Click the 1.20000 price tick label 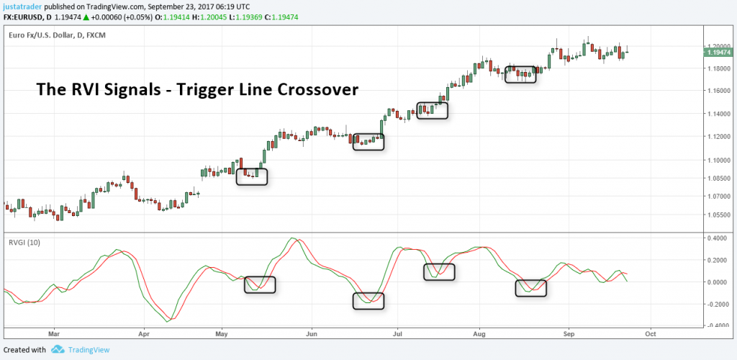tap(720, 46)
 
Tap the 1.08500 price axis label tap(720, 179)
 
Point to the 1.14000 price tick tap(720, 114)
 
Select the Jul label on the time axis tap(397, 334)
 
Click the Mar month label tap(52, 334)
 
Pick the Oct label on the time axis tap(650, 334)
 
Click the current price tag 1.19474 tap(720, 53)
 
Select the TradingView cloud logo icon tap(57, 350)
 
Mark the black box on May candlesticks tap(251, 176)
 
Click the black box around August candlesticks tap(520, 74)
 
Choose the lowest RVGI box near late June tap(368, 300)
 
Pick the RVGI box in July tap(439, 271)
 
